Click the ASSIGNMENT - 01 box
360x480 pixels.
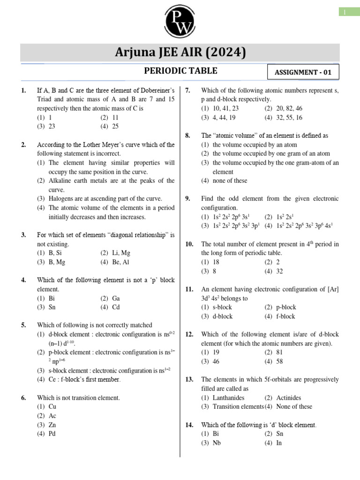click(303, 72)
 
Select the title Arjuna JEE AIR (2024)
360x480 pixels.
click(180, 52)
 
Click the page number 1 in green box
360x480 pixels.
click(349, 12)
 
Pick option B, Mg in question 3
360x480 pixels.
click(57, 262)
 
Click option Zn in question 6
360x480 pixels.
click(52, 425)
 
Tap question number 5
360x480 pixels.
click(23, 325)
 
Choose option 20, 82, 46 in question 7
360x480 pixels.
click(284, 108)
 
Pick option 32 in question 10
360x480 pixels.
click(280, 271)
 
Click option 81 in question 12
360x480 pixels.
click(280, 352)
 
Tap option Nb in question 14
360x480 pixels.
click(216, 442)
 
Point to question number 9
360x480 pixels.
click(187, 198)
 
